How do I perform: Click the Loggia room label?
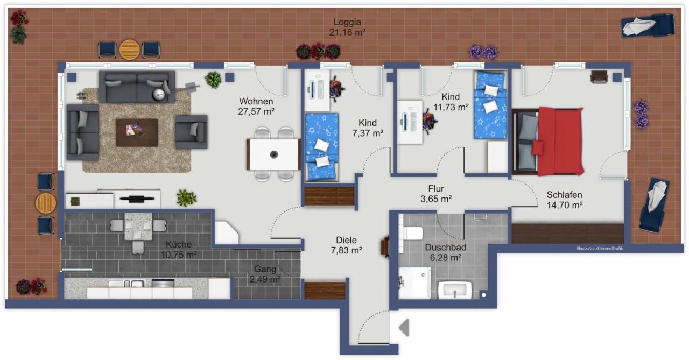347,22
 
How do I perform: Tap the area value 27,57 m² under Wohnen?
256,112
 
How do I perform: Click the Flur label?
435,189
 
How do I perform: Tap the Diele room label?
346,240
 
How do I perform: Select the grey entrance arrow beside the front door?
404,328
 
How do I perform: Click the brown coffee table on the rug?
137,132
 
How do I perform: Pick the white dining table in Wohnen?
273,154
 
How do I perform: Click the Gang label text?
265,269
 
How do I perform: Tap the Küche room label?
178,244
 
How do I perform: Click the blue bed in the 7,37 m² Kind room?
322,146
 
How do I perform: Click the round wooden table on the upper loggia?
130,50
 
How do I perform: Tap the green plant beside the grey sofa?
213,80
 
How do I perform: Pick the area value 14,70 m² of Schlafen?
564,204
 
